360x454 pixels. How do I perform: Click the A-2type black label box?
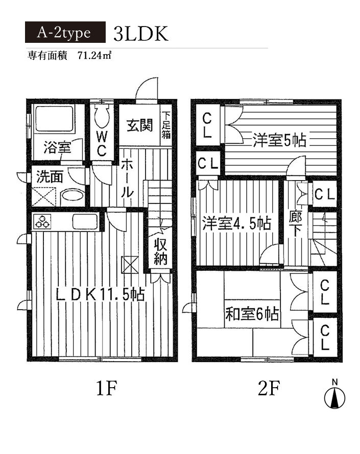tap(65, 32)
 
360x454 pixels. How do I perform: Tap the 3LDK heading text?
tap(141, 34)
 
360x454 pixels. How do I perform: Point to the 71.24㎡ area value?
tap(94, 55)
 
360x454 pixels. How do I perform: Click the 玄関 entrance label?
tap(139, 125)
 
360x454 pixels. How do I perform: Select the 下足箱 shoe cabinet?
tap(166, 125)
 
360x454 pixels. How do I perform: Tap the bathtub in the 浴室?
tap(54, 119)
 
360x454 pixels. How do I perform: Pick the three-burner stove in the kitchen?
tap(42, 221)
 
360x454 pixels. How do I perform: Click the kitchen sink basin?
tap(85, 222)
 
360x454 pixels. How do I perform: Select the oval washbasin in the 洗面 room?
tap(72, 195)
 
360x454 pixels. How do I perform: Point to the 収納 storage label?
tap(160, 251)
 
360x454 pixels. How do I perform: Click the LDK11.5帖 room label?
tap(100, 295)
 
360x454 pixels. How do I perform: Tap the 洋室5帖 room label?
tap(279, 140)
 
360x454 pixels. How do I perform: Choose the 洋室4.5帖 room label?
tap(236, 223)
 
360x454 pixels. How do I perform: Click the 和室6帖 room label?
tap(252, 314)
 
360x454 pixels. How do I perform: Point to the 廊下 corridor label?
tap(295, 223)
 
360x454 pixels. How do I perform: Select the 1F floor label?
tap(106, 388)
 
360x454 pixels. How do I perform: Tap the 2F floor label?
tap(269, 388)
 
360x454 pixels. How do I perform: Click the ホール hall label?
tap(127, 178)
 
